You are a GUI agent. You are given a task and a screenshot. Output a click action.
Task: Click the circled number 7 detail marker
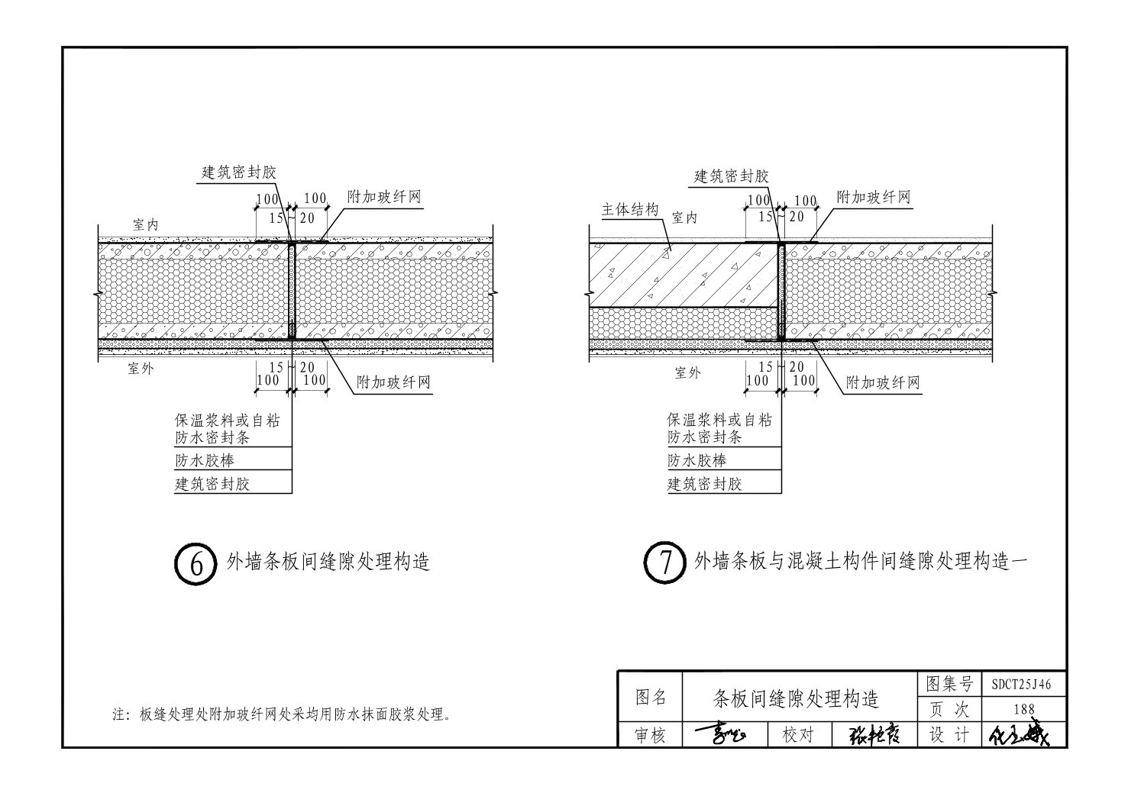(664, 563)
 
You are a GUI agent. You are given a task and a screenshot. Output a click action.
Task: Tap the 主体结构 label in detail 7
(630, 210)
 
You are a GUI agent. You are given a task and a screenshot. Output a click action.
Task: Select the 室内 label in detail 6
(145, 225)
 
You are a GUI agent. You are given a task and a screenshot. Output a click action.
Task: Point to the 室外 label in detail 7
(687, 373)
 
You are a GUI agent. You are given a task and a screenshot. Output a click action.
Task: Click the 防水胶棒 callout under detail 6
(205, 460)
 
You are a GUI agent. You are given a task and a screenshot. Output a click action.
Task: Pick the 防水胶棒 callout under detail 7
(697, 460)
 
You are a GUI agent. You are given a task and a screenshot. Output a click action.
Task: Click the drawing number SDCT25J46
(1022, 685)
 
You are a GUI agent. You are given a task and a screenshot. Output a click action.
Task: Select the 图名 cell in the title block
(651, 697)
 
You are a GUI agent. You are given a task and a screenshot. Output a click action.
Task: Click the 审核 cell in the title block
(651, 735)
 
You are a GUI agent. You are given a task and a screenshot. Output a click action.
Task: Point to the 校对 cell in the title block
(799, 735)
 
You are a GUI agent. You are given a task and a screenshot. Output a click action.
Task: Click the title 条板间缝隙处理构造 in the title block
(796, 698)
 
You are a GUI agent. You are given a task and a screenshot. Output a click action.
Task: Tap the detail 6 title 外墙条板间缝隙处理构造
(328, 563)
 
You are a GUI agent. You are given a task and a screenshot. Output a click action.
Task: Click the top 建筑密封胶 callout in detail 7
(731, 176)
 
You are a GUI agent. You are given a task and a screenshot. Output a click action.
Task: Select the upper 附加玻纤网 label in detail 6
(384, 197)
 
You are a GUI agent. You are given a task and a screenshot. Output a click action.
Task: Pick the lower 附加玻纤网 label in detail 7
(884, 383)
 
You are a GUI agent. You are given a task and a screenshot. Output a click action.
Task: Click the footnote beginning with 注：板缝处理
(281, 715)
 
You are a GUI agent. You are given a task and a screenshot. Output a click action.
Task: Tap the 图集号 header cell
(949, 684)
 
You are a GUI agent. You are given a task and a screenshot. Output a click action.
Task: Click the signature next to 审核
(721, 735)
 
